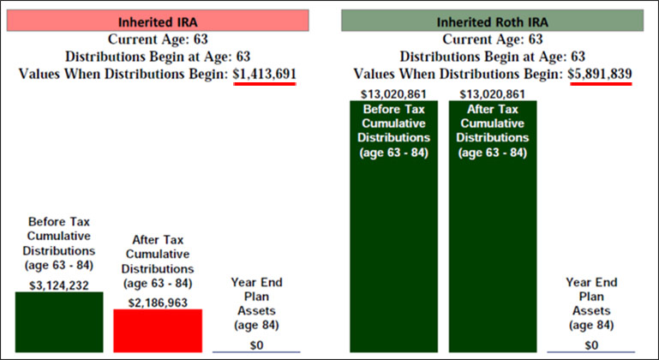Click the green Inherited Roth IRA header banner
tap(492, 21)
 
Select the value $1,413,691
tap(265, 74)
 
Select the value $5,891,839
tap(600, 74)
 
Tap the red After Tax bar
tap(158, 331)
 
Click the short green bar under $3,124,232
tap(59, 322)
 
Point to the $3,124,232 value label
tap(59, 284)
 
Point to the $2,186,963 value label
tap(158, 301)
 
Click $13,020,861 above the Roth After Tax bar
tap(493, 93)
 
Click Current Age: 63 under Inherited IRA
tap(158, 39)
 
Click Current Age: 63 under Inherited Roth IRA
tap(492, 39)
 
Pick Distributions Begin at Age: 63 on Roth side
tap(492, 57)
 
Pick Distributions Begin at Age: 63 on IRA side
tap(158, 57)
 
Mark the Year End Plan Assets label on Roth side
tap(591, 303)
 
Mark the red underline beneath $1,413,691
tap(265, 84)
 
